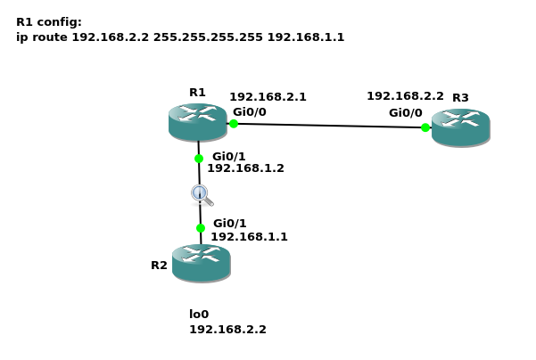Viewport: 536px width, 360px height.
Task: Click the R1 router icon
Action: pyautogui.click(x=197, y=122)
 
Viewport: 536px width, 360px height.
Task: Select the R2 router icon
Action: pyautogui.click(x=201, y=263)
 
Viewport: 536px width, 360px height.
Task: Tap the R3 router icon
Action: pyautogui.click(x=460, y=127)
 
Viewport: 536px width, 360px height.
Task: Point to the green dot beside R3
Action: pyautogui.click(x=425, y=127)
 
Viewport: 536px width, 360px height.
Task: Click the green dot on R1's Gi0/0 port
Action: pyautogui.click(x=234, y=124)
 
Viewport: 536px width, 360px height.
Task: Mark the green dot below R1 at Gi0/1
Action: pyautogui.click(x=199, y=159)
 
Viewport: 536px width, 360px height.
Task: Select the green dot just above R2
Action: pyautogui.click(x=201, y=228)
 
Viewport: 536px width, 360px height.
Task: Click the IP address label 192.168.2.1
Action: pyautogui.click(x=268, y=97)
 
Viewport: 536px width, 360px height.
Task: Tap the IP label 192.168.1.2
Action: pyautogui.click(x=245, y=168)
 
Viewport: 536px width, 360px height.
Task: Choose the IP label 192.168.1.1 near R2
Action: pyautogui.click(x=249, y=237)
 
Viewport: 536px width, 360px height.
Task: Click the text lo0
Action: pyautogui.click(x=199, y=315)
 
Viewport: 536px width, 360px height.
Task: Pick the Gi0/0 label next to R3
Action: pyautogui.click(x=405, y=113)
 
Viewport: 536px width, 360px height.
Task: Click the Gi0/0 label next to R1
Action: pyautogui.click(x=249, y=112)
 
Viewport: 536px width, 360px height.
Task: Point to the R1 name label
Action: pyautogui.click(x=197, y=93)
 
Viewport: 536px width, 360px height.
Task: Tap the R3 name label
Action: pyautogui.click(x=460, y=98)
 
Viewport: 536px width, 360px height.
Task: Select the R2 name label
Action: pyautogui.click(x=159, y=266)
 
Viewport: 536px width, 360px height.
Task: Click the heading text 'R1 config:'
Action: pyautogui.click(x=49, y=22)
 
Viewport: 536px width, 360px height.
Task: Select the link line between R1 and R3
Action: pyautogui.click(x=330, y=126)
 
